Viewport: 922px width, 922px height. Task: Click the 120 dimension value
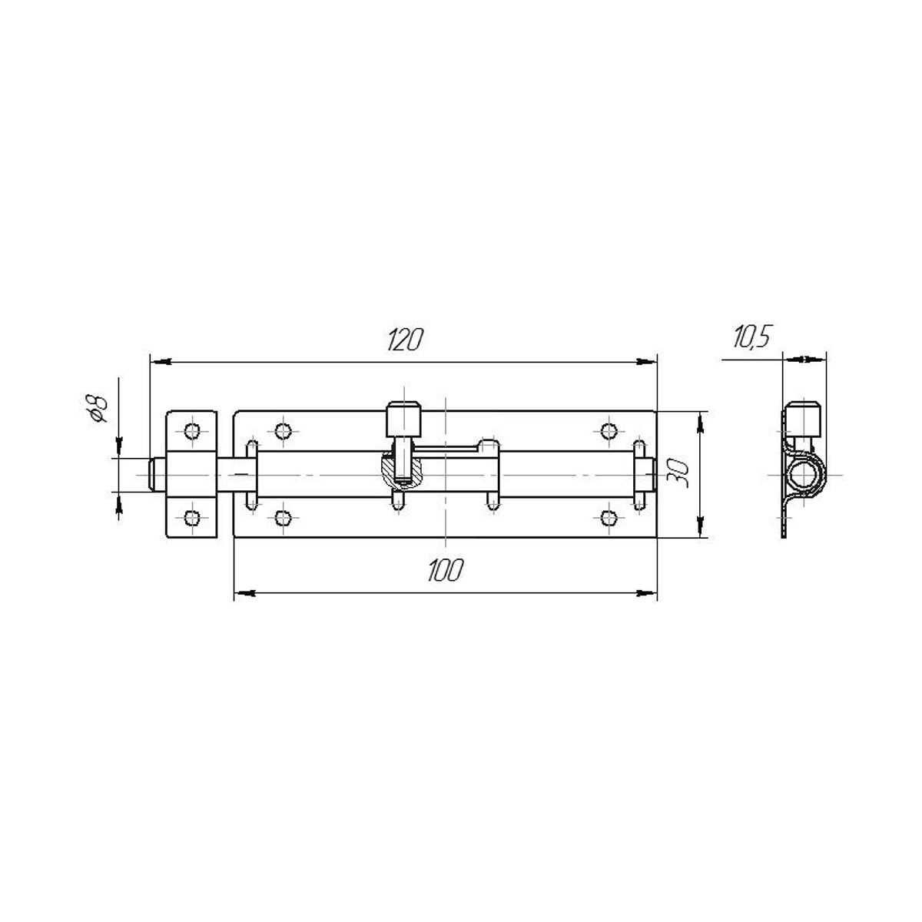click(405, 340)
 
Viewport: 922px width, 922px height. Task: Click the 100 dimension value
click(446, 570)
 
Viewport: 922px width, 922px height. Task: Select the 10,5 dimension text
click(752, 337)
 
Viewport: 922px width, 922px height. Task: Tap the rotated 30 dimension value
click(678, 474)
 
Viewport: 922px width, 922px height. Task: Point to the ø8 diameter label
click(96, 408)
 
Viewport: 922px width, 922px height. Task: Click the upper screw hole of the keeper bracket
click(192, 431)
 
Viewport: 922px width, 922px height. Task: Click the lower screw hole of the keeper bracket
click(192, 518)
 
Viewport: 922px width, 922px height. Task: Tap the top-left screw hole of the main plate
click(283, 431)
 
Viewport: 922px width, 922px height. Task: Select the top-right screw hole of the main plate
click(609, 431)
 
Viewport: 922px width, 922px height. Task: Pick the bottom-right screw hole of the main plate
click(609, 518)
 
